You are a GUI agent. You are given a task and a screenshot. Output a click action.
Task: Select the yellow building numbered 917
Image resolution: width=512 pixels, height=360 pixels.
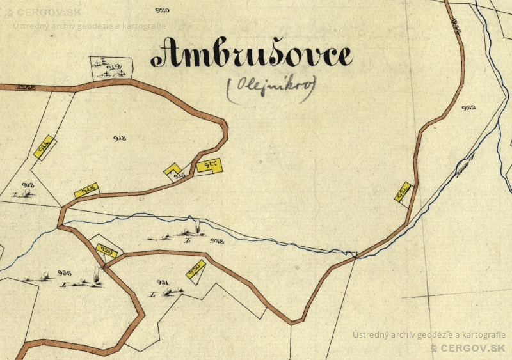coord(209,166)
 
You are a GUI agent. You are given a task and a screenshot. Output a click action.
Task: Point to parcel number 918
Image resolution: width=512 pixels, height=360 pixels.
coord(119,138)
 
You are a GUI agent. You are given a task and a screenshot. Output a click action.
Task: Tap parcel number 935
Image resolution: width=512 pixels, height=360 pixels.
coord(63,272)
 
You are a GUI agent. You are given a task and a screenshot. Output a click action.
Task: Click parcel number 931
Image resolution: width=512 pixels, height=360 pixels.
coord(162,282)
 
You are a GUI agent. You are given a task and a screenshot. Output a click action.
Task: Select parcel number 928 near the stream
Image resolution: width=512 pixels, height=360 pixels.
coord(216,242)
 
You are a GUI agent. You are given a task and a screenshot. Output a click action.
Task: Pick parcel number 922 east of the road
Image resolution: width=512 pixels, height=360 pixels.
coord(468,108)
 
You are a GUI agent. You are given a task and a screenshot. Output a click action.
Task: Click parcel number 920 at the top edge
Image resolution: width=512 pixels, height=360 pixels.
coord(163,10)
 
